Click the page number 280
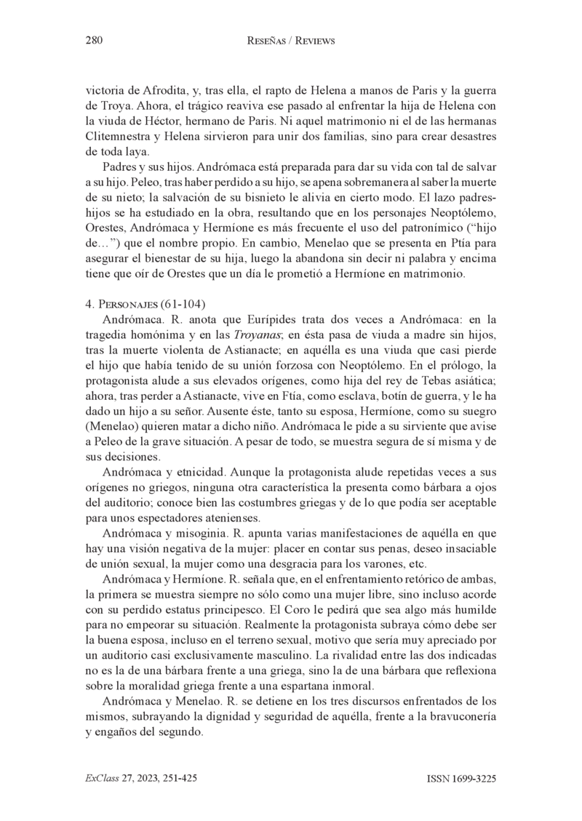(93, 41)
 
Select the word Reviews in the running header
(314, 41)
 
